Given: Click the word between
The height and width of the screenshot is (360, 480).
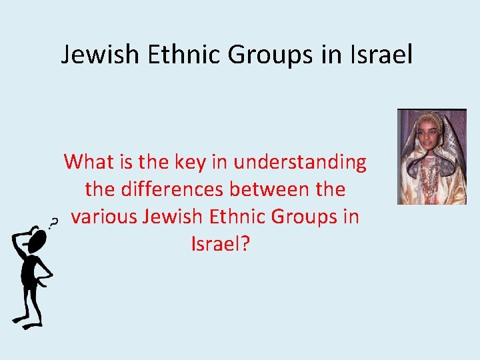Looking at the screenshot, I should (268, 189).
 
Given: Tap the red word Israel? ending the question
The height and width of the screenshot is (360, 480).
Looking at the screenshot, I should (220, 244).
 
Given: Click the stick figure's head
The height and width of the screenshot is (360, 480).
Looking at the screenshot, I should (37, 238).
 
